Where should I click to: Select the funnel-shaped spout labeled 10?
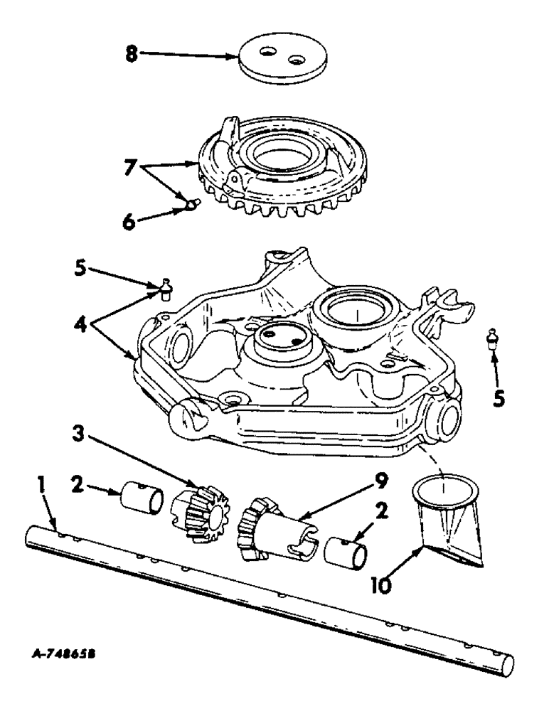point(448,519)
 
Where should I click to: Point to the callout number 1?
point(42,487)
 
